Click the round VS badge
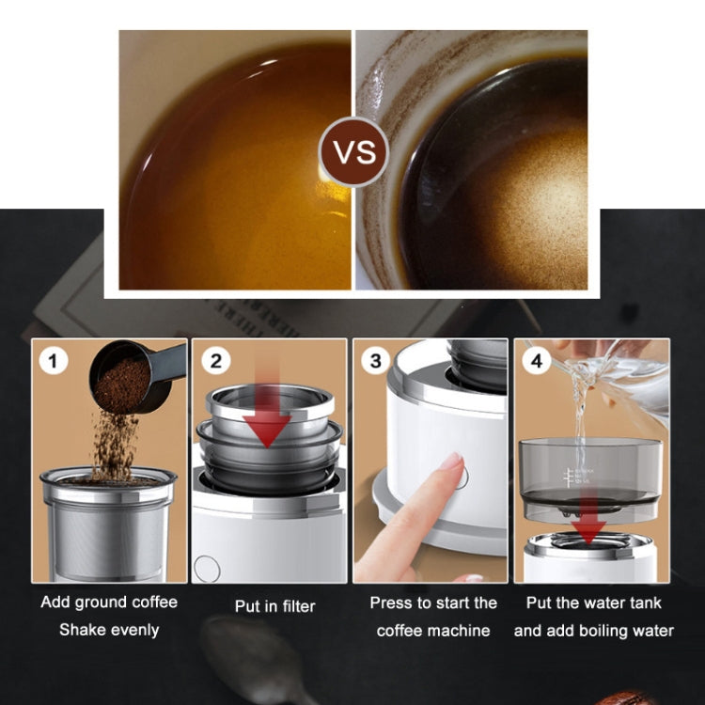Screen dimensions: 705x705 (x=352, y=151)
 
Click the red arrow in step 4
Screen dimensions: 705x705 (x=588, y=526)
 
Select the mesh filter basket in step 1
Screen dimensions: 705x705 (x=106, y=531)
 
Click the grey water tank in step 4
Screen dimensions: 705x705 (x=590, y=475)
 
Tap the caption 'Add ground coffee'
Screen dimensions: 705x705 (x=109, y=603)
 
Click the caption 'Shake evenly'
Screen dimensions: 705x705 (x=109, y=630)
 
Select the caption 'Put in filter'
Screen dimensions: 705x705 (x=274, y=607)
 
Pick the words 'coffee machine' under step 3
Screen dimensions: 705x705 (x=433, y=631)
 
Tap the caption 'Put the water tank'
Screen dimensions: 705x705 (x=593, y=603)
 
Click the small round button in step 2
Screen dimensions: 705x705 (x=207, y=568)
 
